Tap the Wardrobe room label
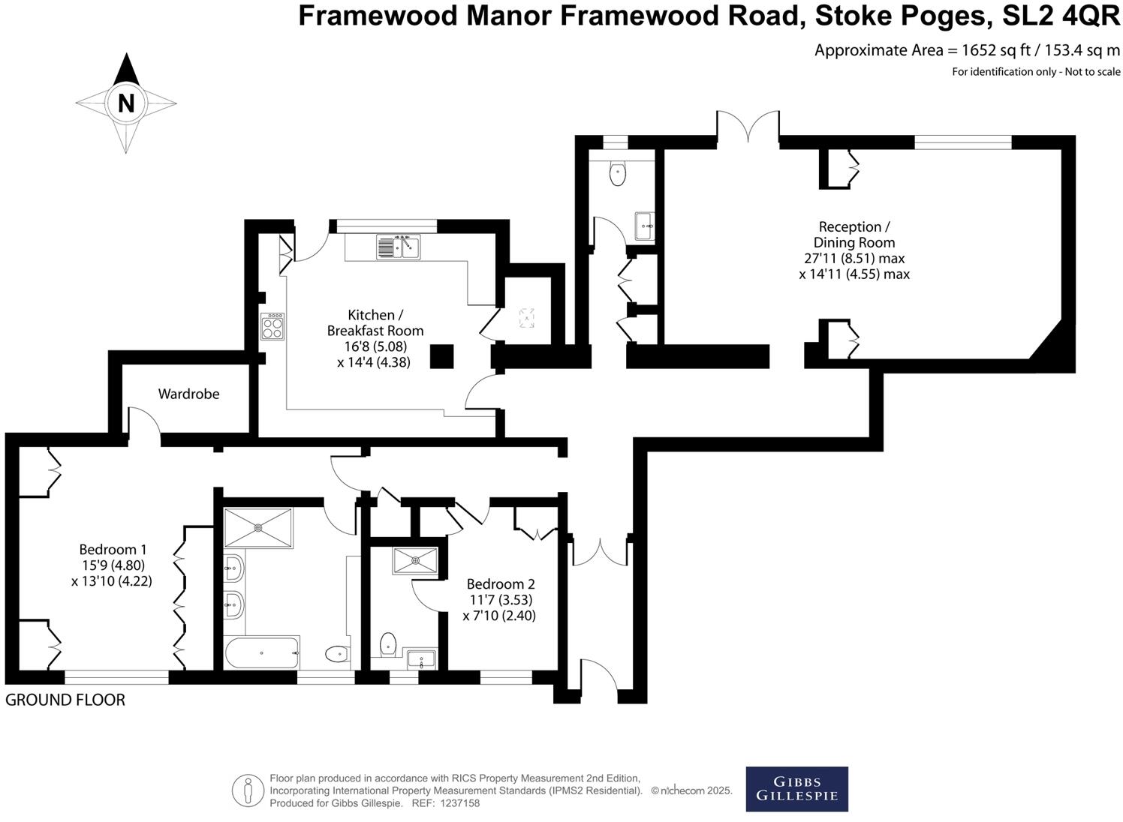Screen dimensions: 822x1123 coord(188,394)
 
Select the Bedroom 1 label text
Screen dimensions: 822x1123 coord(113,550)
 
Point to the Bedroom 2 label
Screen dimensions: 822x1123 coord(501,584)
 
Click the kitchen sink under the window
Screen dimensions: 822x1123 coord(398,247)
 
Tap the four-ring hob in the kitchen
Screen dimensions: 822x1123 coord(272,327)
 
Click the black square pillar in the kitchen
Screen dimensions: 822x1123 coord(442,356)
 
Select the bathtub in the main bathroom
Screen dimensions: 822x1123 coord(261,652)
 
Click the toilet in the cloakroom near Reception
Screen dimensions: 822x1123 coord(618,174)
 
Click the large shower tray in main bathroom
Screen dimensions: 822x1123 coord(258,527)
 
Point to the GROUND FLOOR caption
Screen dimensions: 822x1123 coord(65,700)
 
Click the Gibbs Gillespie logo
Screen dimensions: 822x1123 coord(796,789)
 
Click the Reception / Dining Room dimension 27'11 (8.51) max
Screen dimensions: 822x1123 coord(854,258)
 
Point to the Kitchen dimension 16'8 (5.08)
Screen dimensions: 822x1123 coord(375,346)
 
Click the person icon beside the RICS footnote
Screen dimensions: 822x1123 coord(248,790)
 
